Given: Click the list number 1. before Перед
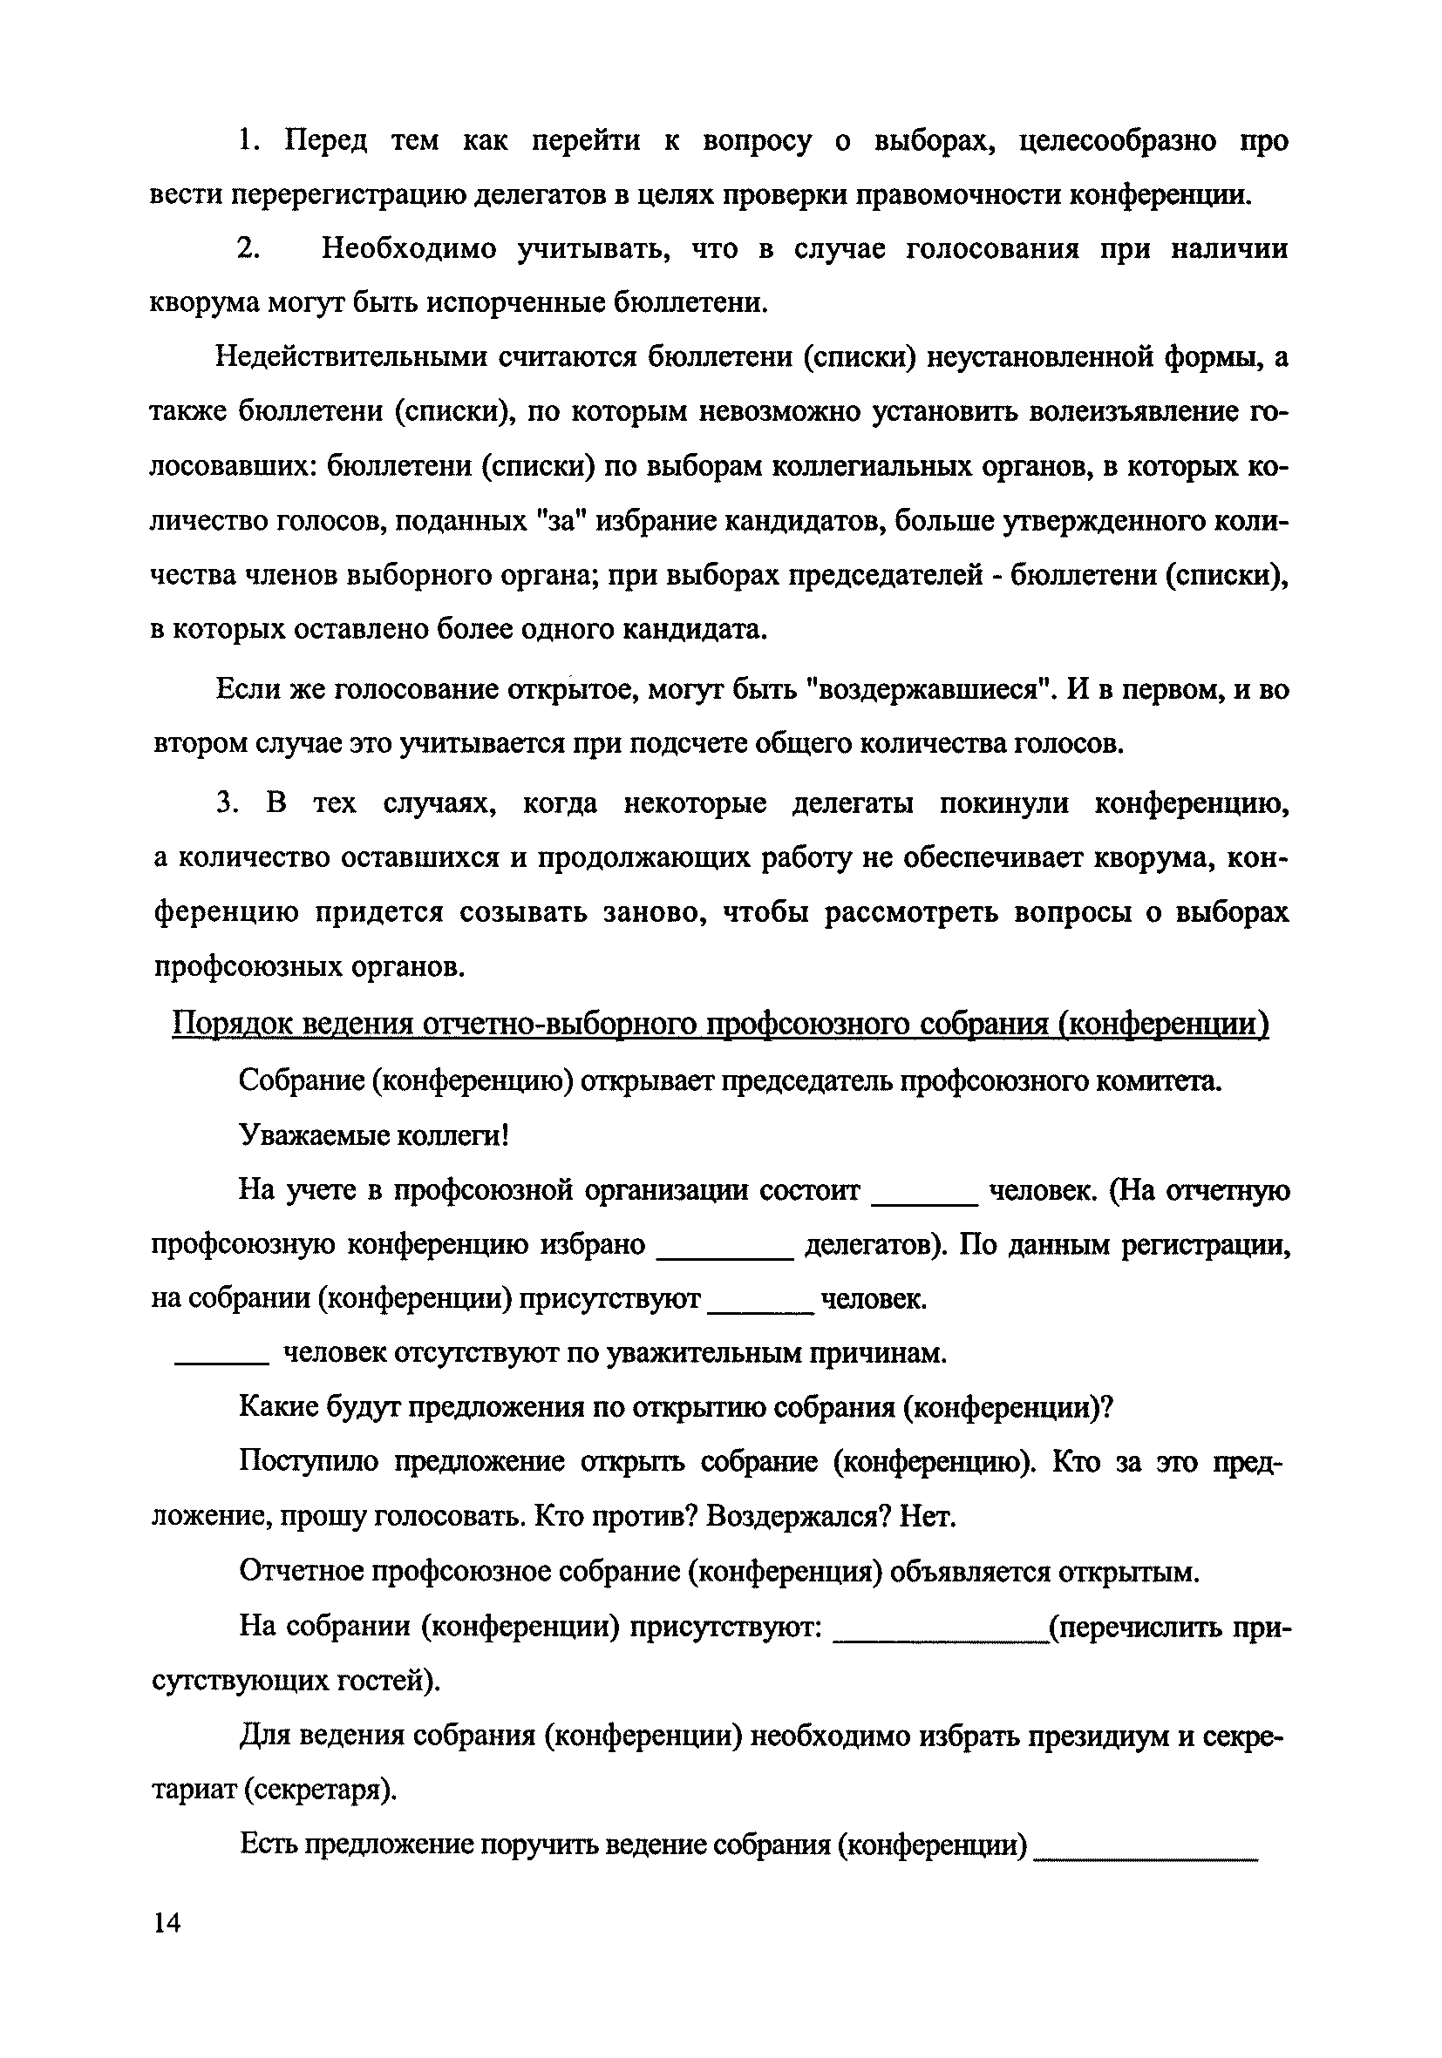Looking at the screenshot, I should coord(248,141).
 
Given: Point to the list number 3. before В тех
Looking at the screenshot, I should coord(228,803).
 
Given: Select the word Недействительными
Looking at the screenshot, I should coord(350,357).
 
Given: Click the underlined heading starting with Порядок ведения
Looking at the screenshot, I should coord(719,1024).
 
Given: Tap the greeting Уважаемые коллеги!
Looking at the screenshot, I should coord(374,1135).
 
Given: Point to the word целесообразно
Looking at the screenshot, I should coord(1119,141).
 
